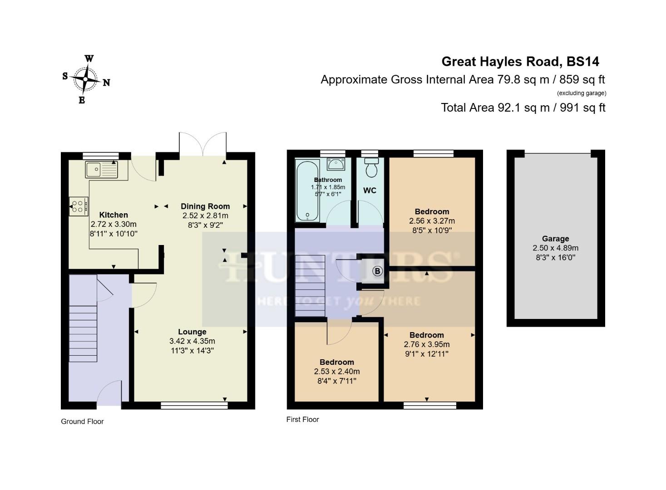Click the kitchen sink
101,169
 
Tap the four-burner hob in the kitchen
78,206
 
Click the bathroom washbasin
336,164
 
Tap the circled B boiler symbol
377,271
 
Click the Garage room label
555,239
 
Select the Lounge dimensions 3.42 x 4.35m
192,341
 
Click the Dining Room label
205,206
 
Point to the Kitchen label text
113,215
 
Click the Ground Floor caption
82,421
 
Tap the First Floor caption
302,420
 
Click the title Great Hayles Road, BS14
520,62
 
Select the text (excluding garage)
582,93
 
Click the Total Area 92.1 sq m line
523,108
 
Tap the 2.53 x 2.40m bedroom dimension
337,372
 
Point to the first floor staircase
311,286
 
